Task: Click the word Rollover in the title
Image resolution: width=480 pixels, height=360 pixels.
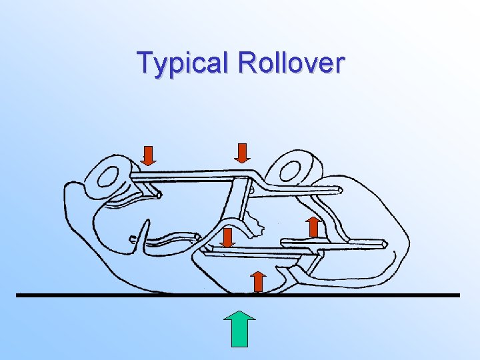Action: click(291, 63)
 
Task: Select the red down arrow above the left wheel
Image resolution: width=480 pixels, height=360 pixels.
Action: click(149, 155)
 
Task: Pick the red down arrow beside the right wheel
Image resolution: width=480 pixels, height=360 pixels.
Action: click(243, 152)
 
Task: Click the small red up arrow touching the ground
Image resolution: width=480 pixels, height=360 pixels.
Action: click(259, 281)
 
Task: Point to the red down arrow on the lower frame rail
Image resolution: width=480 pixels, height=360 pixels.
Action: click(227, 237)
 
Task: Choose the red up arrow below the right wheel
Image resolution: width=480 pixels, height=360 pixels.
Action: click(313, 226)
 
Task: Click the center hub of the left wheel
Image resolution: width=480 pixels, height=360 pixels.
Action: click(107, 176)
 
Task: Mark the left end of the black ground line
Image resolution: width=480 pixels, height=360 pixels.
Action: click(18, 295)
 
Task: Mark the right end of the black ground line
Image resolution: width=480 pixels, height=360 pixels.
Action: click(459, 295)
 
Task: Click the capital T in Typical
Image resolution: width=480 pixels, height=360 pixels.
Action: click(145, 63)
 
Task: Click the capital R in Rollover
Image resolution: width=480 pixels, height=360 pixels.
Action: click(248, 63)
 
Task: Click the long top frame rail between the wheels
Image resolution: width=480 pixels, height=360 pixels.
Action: click(193, 175)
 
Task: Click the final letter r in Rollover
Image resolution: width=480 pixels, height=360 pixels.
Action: click(340, 65)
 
